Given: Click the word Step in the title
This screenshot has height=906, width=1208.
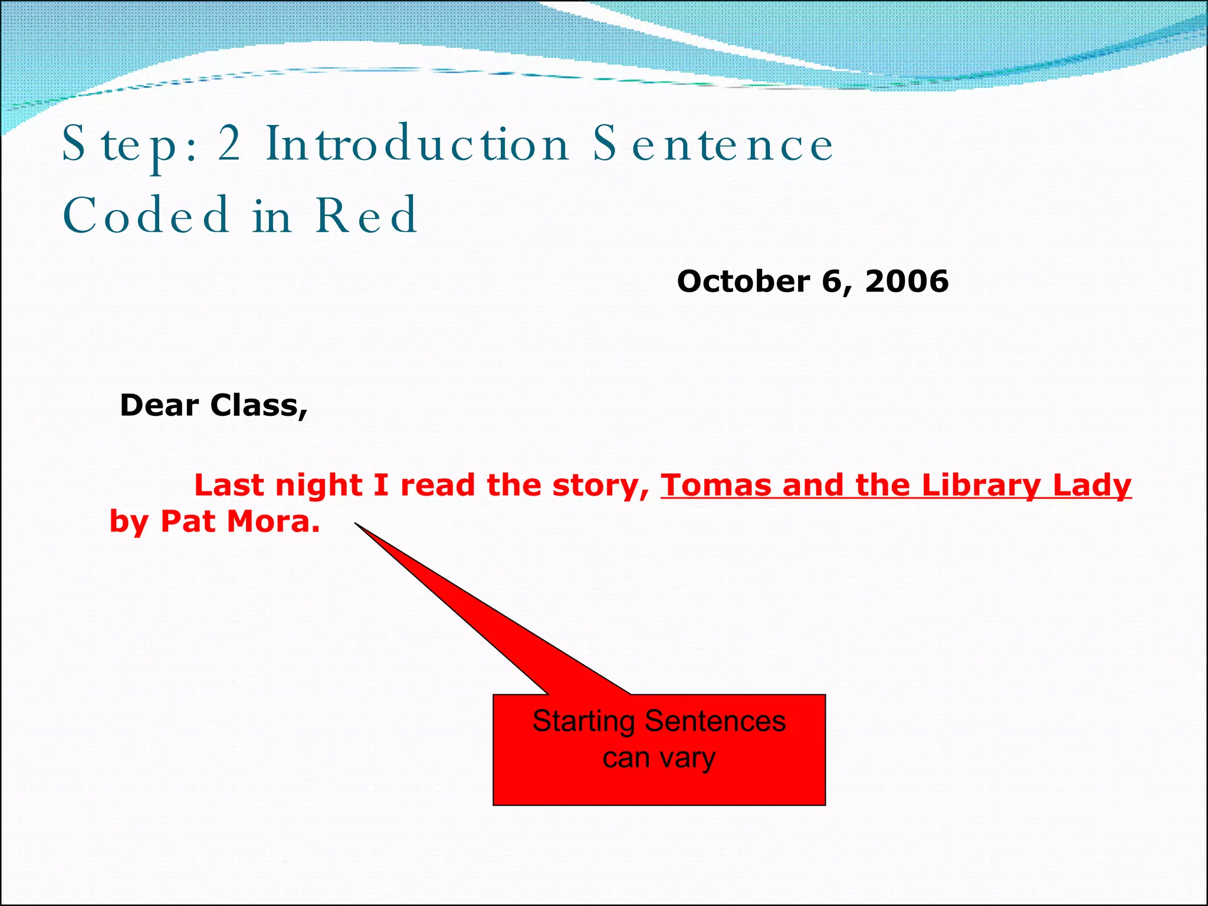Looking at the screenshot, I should pos(119,145).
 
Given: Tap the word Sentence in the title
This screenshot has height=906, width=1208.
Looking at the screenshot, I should pos(713,145).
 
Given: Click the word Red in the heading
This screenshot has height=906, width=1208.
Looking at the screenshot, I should pos(366,215).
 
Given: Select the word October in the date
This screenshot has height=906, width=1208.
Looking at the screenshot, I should pos(743,281).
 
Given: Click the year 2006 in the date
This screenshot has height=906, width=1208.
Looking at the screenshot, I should pos(907,281).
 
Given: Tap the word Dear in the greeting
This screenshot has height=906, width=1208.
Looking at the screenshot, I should pos(159,406).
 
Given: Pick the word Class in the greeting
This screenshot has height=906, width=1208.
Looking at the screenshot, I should pos(258,406).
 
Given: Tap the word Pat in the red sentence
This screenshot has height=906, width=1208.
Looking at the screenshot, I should pos(188,521).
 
